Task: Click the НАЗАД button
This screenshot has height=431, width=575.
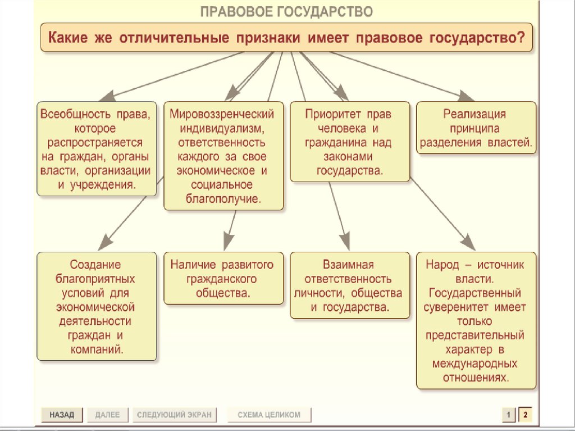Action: pyautogui.click(x=62, y=415)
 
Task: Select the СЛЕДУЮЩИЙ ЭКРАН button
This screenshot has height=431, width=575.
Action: pyautogui.click(x=175, y=415)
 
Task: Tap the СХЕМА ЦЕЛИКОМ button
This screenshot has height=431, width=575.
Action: pyautogui.click(x=269, y=415)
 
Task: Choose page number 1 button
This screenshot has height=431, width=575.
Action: pyautogui.click(x=508, y=415)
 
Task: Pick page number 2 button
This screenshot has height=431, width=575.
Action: pyautogui.click(x=525, y=415)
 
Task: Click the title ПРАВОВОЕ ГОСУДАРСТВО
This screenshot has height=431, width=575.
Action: pyautogui.click(x=287, y=12)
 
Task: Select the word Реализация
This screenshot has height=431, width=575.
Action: pyautogui.click(x=475, y=114)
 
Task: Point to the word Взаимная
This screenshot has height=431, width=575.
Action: pyautogui.click(x=348, y=264)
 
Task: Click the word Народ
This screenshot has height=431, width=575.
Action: pyautogui.click(x=442, y=264)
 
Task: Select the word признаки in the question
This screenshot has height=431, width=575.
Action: pyautogui.click(x=268, y=38)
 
